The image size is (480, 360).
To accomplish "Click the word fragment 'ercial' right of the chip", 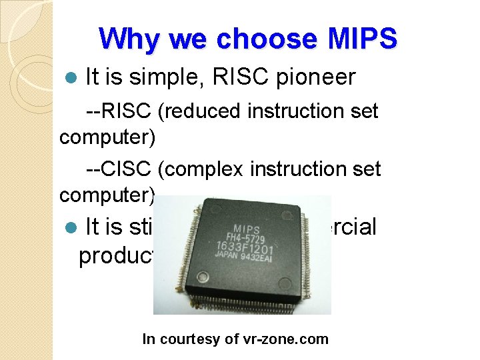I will click(354, 227).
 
